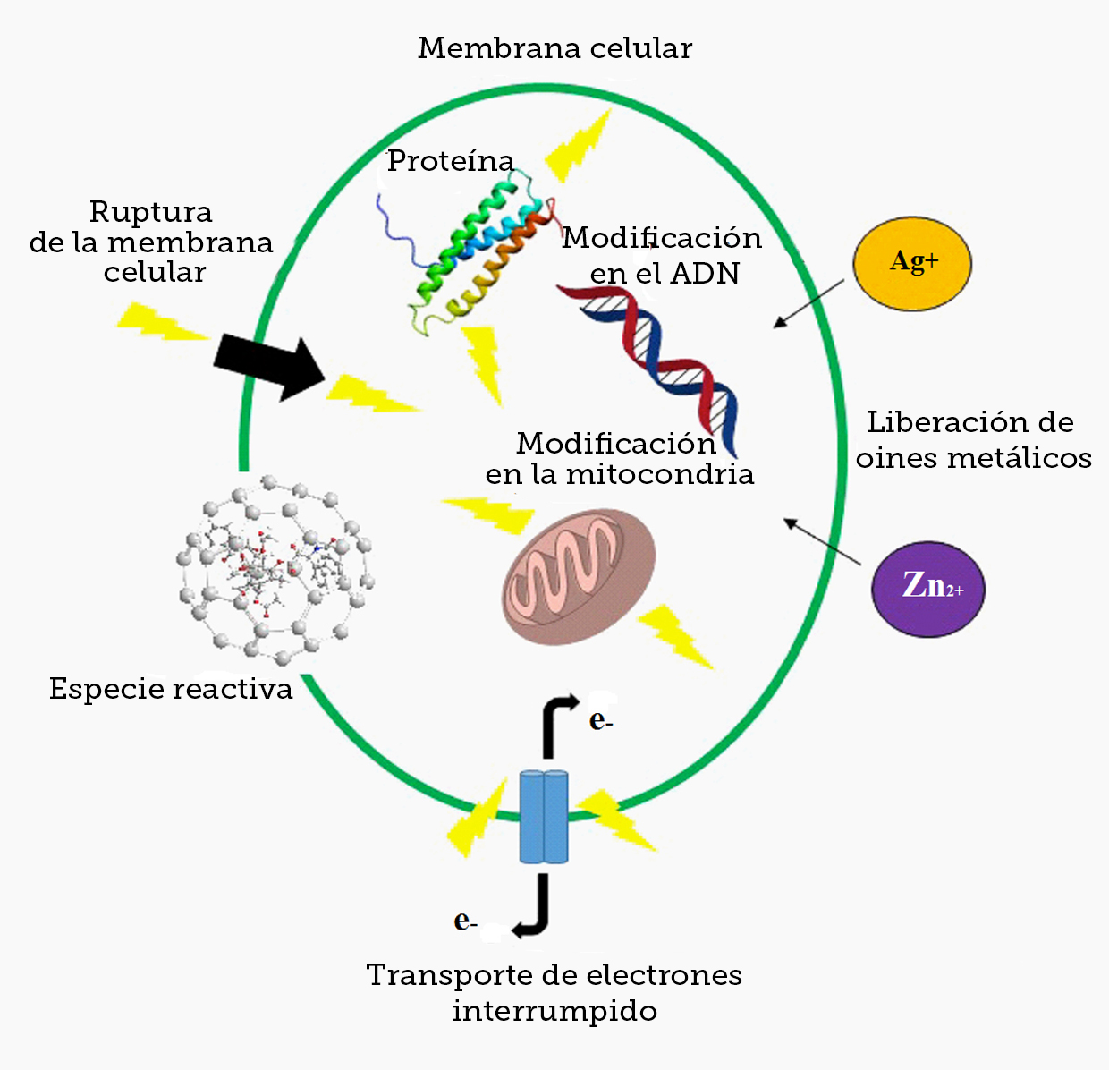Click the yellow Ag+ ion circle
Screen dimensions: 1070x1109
click(912, 263)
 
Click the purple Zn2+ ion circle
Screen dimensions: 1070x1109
click(928, 588)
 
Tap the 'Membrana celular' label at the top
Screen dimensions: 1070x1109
click(554, 48)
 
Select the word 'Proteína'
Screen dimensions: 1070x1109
click(451, 161)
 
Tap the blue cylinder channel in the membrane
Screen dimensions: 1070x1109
click(544, 816)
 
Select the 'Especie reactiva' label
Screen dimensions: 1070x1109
click(171, 689)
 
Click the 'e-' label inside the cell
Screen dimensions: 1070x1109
click(600, 720)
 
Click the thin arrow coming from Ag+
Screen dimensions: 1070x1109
click(808, 303)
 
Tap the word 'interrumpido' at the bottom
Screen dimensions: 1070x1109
click(554, 1011)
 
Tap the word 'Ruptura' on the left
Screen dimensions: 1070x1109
click(150, 212)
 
